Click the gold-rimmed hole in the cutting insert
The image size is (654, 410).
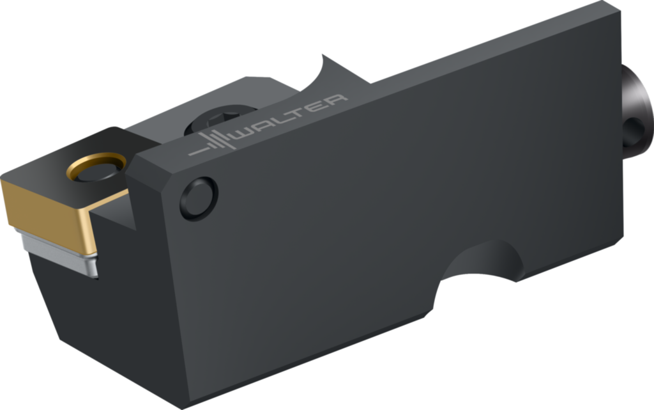pos(96,167)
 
